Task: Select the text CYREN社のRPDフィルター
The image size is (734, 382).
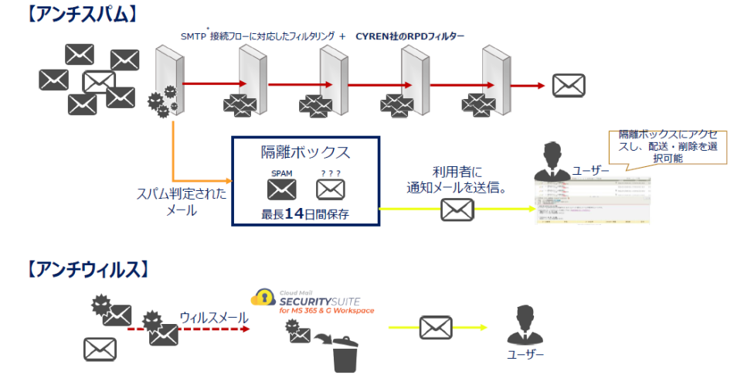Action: click(409, 36)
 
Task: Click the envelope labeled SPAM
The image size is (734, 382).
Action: click(282, 189)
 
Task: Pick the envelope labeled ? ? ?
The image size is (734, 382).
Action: click(330, 189)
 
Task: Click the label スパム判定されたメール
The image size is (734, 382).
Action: click(182, 201)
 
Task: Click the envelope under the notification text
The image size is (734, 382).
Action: click(457, 209)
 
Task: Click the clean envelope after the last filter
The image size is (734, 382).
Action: click(569, 85)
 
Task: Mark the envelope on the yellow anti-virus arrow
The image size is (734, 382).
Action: click(435, 328)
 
